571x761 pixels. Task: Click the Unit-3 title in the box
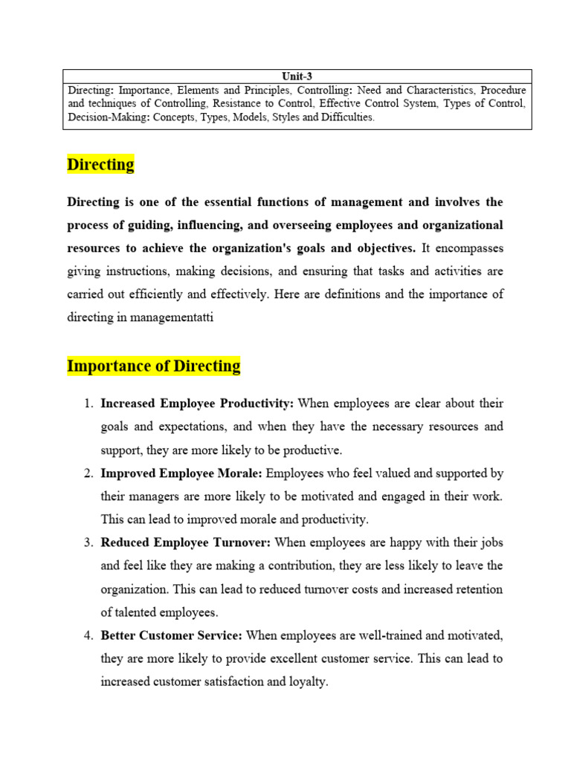pos(297,76)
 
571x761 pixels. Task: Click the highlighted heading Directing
pos(100,164)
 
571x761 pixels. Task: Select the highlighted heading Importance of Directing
pos(154,366)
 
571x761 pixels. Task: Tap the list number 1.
pos(87,404)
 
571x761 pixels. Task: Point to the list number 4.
pos(87,635)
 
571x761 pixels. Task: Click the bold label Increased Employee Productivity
pos(197,404)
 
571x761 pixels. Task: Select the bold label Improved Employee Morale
pos(181,473)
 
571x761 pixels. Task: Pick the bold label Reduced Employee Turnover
pos(185,543)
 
